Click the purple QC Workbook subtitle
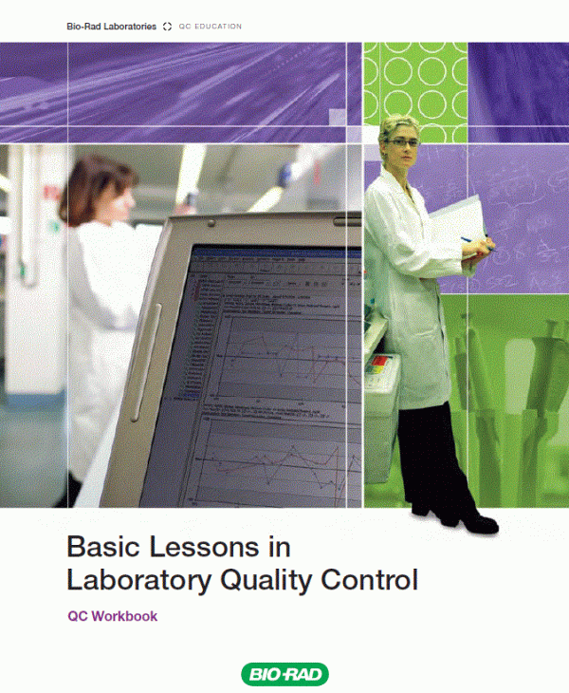112,616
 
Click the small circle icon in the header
167,27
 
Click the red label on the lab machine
381,362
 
